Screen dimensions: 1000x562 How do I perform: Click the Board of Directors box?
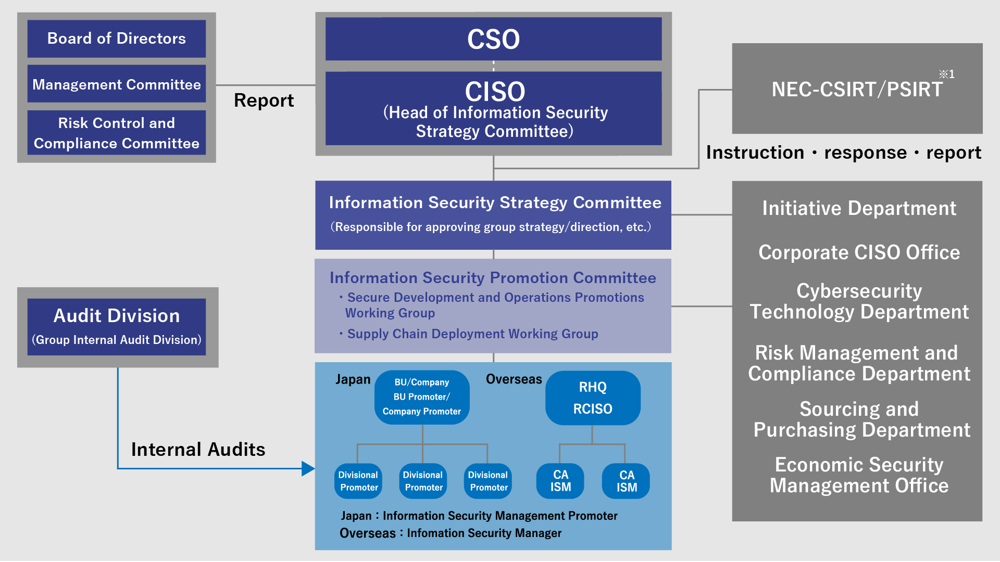pyautogui.click(x=117, y=39)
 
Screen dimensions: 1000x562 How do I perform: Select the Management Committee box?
pyautogui.click(x=117, y=84)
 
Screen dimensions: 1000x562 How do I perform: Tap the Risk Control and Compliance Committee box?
pyautogui.click(x=117, y=133)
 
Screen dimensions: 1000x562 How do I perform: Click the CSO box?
pyautogui.click(x=493, y=39)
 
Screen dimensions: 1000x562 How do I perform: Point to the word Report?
pyautogui.click(x=264, y=100)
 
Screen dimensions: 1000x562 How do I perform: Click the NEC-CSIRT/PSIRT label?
pyautogui.click(x=857, y=90)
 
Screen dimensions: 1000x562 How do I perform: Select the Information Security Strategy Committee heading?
pyautogui.click(x=495, y=202)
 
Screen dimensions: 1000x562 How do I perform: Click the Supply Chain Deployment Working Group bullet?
pyautogui.click(x=469, y=334)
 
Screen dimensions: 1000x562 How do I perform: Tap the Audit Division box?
pyautogui.click(x=117, y=327)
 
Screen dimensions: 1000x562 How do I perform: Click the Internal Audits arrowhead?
pyautogui.click(x=308, y=468)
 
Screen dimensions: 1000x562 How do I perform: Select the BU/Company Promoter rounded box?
pyautogui.click(x=422, y=397)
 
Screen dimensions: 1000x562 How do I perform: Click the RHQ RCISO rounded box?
pyautogui.click(x=593, y=398)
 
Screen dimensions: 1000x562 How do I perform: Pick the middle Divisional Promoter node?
pyautogui.click(x=423, y=481)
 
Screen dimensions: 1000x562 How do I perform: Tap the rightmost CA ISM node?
pyautogui.click(x=626, y=481)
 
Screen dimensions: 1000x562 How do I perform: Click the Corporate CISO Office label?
pyautogui.click(x=859, y=252)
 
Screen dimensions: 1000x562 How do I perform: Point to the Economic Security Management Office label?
pyautogui.click(x=859, y=475)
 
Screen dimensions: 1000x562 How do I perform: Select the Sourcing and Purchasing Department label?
pyautogui.click(x=861, y=419)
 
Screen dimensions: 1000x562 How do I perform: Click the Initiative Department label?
pyautogui.click(x=859, y=208)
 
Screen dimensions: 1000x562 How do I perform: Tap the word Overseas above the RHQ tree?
pyautogui.click(x=514, y=379)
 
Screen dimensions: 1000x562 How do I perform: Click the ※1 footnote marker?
pyautogui.click(x=947, y=74)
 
